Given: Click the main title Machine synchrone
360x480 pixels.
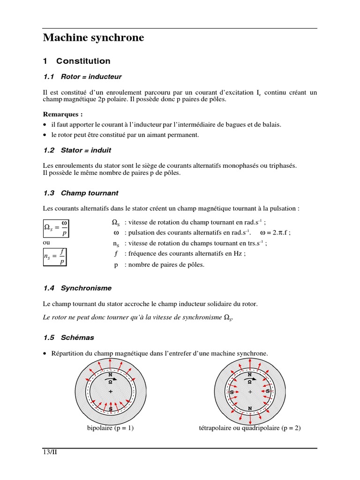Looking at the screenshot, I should tap(93, 38).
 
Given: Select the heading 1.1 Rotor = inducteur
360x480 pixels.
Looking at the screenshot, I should tap(82, 76).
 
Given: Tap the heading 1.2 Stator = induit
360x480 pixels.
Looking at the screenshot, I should tap(77, 150).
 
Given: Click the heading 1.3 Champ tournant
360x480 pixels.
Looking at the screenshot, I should tap(80, 193).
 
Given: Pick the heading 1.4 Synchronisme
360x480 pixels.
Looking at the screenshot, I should tap(77, 288).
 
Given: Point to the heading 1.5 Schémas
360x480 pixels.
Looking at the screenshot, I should tap(68, 337).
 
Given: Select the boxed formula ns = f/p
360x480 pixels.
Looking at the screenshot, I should tap(55, 257).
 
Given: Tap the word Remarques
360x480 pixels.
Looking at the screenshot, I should tap(63, 114).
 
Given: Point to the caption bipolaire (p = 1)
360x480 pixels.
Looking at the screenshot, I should tap(111, 428).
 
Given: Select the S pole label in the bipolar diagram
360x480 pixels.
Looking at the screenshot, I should tap(111, 409).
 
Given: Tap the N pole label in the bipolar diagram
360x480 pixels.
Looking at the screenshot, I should tap(111, 375).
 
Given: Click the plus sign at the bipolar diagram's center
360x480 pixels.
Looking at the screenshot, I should tap(111, 391).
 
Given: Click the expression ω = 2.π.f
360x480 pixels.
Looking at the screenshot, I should tap(275, 232).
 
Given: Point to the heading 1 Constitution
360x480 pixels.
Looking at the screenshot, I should tap(77, 61).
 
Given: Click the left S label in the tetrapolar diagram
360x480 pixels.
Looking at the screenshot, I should tap(232, 391).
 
